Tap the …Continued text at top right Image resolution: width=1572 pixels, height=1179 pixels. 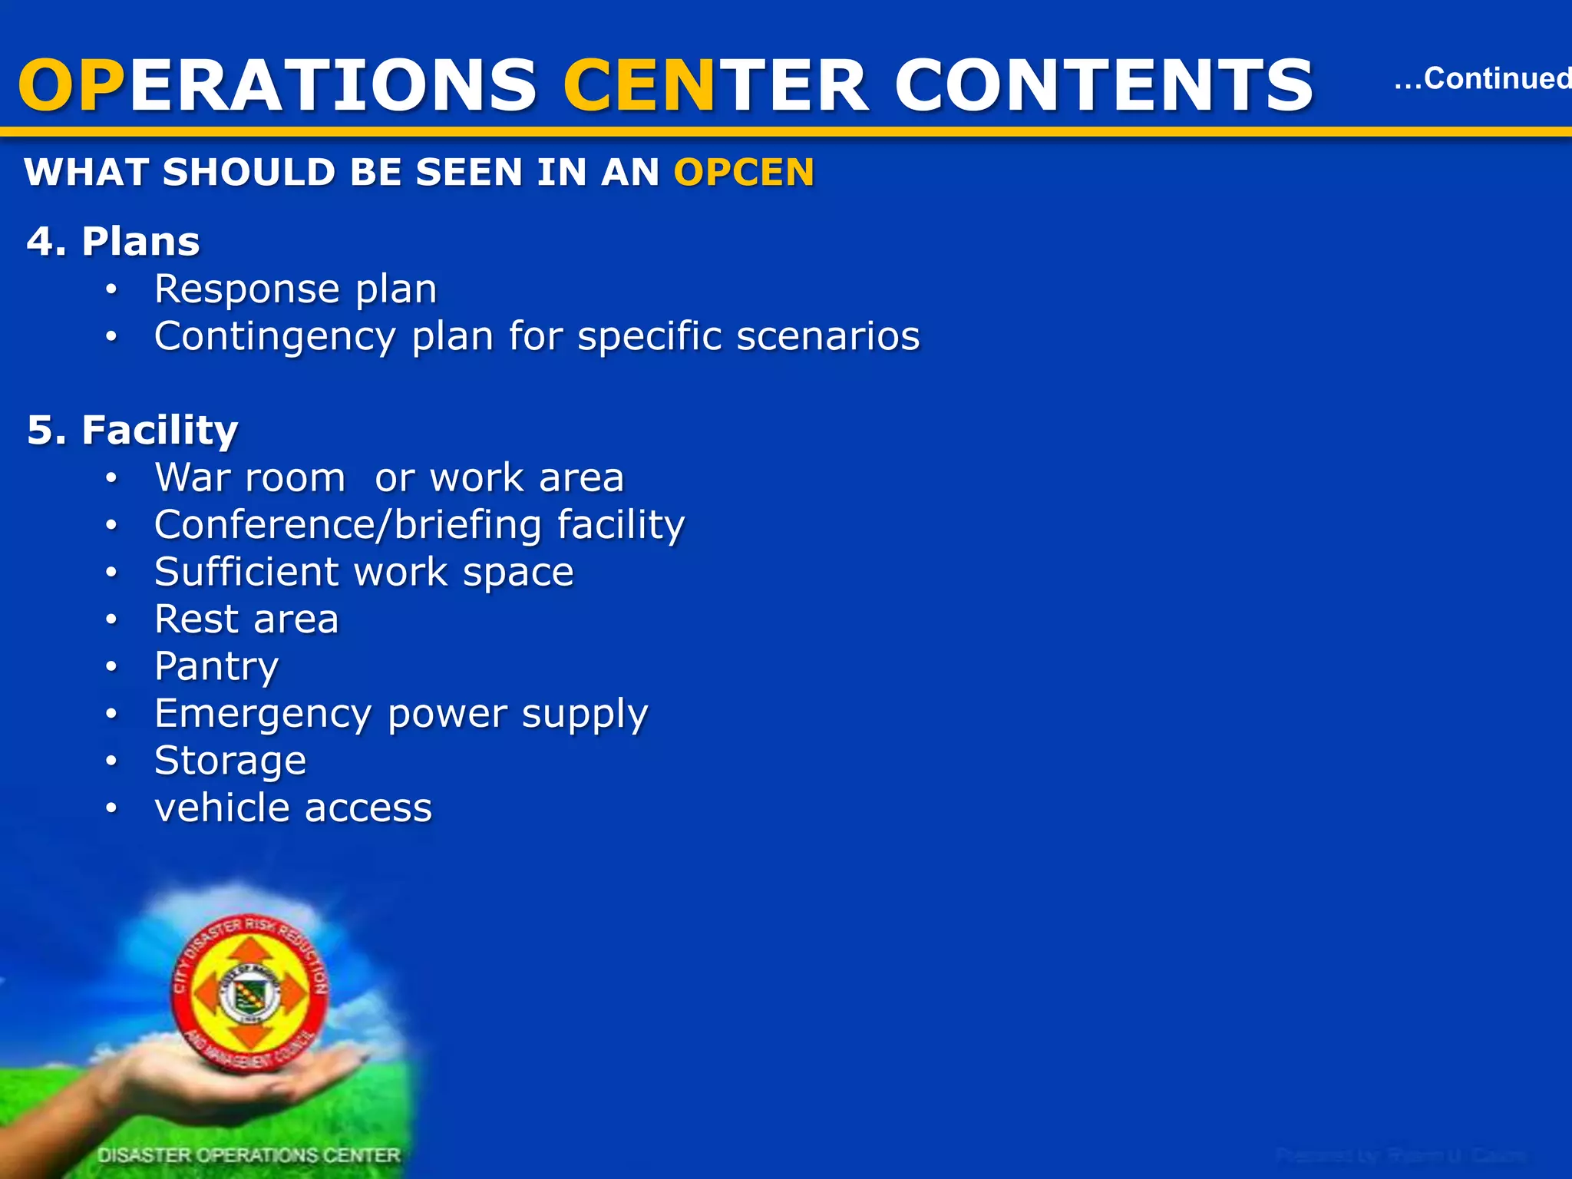[x=1481, y=78]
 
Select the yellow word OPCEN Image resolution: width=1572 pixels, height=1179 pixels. [x=744, y=172]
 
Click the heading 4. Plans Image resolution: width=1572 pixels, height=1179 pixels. [x=114, y=242]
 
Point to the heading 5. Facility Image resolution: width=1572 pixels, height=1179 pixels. [x=133, y=430]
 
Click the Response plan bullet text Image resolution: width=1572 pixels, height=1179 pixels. [x=296, y=289]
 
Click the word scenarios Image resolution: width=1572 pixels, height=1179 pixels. [x=828, y=336]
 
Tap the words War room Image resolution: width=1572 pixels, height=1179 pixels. [x=250, y=477]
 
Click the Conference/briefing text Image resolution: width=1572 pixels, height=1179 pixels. [x=348, y=525]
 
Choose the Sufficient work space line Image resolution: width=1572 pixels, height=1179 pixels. [x=364, y=572]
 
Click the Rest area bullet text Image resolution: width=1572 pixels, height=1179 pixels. [x=246, y=619]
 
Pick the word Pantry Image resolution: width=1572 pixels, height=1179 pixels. [x=216, y=666]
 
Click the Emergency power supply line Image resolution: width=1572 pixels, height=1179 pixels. [x=401, y=714]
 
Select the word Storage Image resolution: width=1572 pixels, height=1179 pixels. [x=230, y=761]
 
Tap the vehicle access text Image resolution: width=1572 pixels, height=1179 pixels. [x=293, y=808]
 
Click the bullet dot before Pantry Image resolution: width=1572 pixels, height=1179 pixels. [x=112, y=666]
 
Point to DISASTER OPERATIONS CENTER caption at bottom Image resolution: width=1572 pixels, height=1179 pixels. [x=249, y=1155]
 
